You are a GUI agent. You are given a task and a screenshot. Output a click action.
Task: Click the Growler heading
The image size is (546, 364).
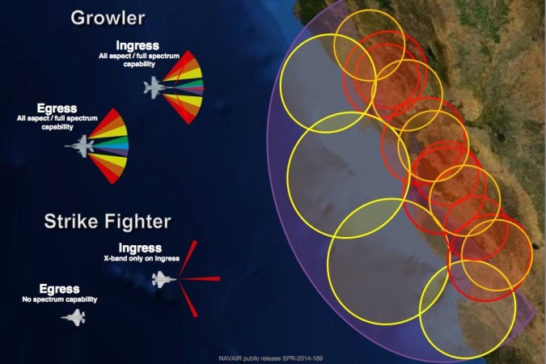tap(108, 17)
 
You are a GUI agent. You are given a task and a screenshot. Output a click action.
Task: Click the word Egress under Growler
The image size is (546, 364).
tap(57, 108)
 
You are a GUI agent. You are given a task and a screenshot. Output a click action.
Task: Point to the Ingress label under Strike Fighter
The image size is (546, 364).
tap(139, 248)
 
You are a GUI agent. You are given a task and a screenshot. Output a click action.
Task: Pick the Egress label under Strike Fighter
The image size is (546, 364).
tap(59, 289)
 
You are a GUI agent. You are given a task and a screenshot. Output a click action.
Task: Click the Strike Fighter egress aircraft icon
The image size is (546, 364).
tap(74, 317)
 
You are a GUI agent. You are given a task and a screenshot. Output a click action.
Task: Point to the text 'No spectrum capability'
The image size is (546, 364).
tap(59, 299)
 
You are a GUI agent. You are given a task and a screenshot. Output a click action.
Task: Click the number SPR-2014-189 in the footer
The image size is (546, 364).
tap(308, 357)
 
